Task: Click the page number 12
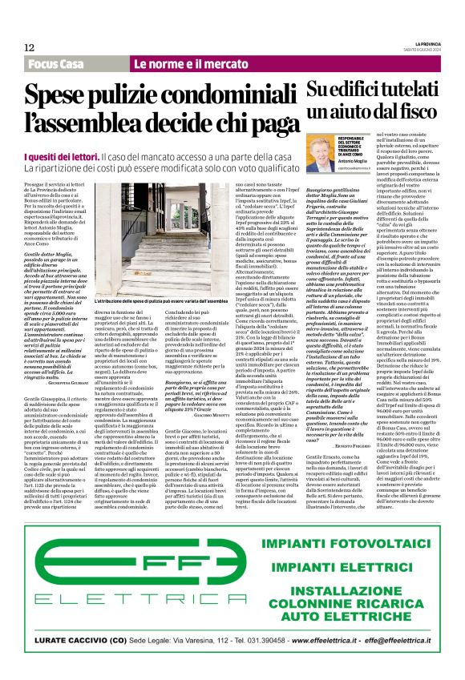29,47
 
